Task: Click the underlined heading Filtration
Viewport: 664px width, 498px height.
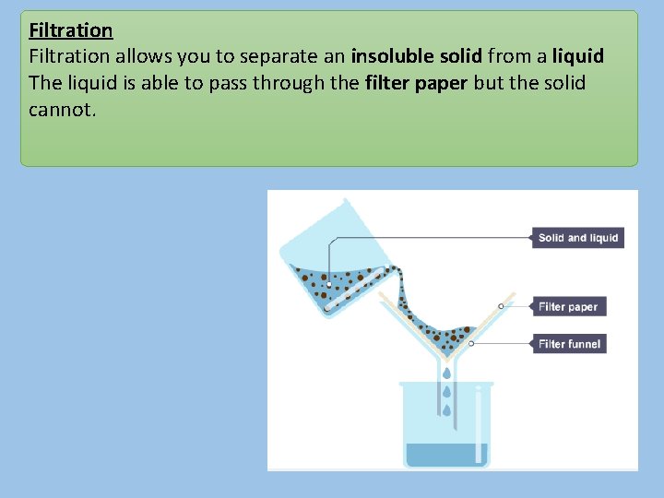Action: pos(71,30)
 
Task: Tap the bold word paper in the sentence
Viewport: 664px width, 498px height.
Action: pos(441,83)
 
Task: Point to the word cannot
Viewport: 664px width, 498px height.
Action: pos(61,109)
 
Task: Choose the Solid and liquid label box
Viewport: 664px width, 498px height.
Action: pos(578,238)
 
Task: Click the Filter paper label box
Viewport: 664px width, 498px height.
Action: pos(568,307)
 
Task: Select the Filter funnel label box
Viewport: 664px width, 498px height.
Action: pos(569,344)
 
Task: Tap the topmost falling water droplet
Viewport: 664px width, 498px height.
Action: pos(446,373)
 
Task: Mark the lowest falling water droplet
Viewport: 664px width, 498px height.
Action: pos(446,409)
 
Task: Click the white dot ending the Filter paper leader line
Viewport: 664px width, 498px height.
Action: pos(501,306)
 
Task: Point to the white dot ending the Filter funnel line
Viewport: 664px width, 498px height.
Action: pos(471,343)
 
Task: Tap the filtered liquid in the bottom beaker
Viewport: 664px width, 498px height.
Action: pos(446,455)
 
